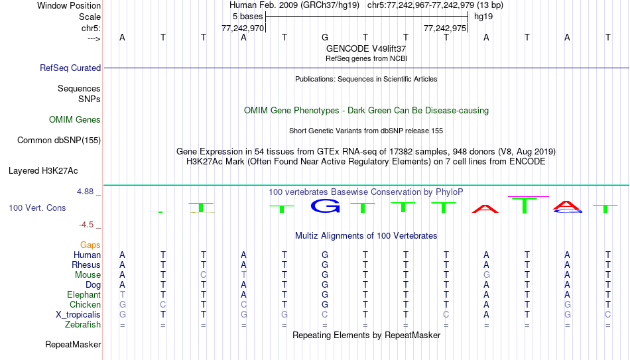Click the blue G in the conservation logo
pyautogui.click(x=325, y=206)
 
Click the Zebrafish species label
pyautogui.click(x=83, y=325)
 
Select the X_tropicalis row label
pyautogui.click(x=78, y=315)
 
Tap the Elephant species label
pyautogui.click(x=84, y=295)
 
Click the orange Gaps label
pyautogui.click(x=90, y=245)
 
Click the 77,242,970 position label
pyautogui.click(x=243, y=29)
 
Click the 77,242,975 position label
pyautogui.click(x=445, y=29)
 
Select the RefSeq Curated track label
pyautogui.click(x=70, y=68)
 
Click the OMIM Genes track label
pyautogui.click(x=75, y=120)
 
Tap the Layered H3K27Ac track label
pyautogui.click(x=43, y=171)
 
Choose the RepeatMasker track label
pyautogui.click(x=73, y=344)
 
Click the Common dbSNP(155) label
pyautogui.click(x=59, y=141)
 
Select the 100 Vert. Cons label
pyautogui.click(x=37, y=208)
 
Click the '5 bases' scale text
pyautogui.click(x=247, y=17)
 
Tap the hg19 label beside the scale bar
pyautogui.click(x=483, y=17)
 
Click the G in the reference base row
pyautogui.click(x=325, y=37)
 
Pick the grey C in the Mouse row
pyautogui.click(x=204, y=275)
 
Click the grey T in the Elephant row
pyautogui.click(x=123, y=295)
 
